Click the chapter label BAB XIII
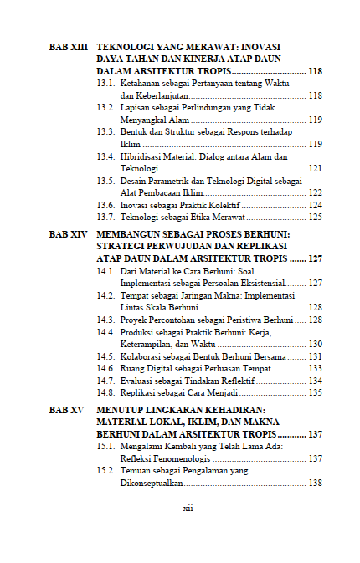point(69,49)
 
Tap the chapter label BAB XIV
point(69,235)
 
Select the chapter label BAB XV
point(68,410)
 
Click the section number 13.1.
point(106,84)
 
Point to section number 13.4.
point(106,156)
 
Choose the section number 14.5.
point(106,356)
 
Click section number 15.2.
point(106,471)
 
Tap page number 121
point(315,168)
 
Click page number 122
point(315,192)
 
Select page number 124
point(315,205)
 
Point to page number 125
point(315,217)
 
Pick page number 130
point(315,344)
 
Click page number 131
point(315,356)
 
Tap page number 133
point(315,368)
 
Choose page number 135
point(315,392)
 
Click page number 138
point(315,483)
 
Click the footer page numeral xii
point(188,508)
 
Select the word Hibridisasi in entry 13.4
point(143,156)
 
